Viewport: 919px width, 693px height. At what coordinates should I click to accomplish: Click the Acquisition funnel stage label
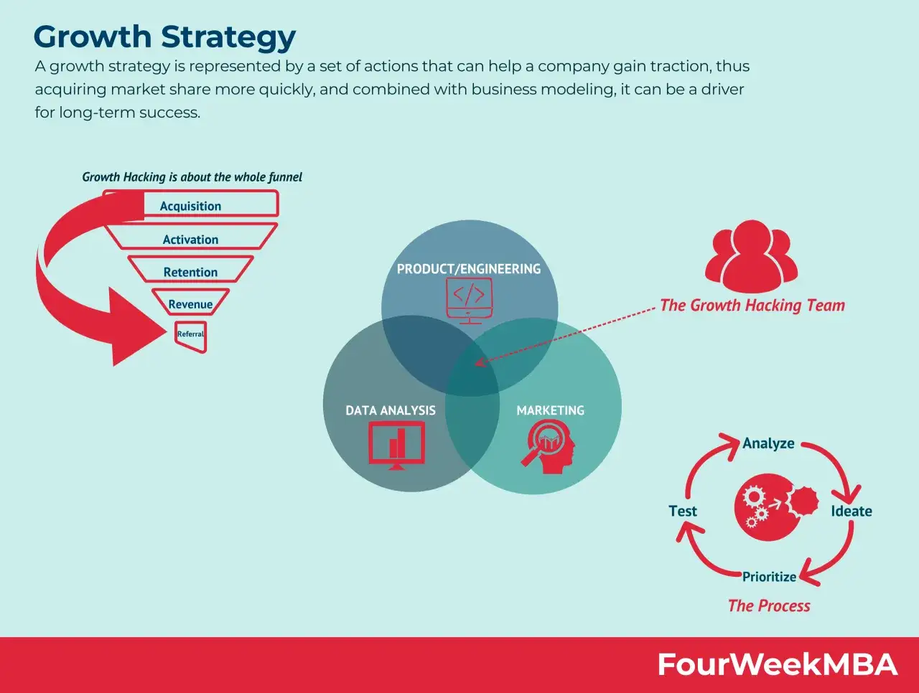pos(190,206)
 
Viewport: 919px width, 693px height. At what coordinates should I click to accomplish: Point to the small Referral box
pos(191,336)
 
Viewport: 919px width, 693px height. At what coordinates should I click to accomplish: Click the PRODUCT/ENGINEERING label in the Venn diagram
pos(469,269)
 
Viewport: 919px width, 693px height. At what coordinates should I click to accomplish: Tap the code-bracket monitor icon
pos(469,301)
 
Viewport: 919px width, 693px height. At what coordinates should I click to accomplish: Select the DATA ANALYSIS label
pos(390,410)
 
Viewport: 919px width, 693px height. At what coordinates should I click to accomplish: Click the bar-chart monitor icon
pos(397,445)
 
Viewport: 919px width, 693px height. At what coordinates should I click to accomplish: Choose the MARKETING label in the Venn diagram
pos(550,410)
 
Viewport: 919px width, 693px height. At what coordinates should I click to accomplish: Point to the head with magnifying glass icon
pos(548,447)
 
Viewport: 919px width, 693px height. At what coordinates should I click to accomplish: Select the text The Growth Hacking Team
pos(752,306)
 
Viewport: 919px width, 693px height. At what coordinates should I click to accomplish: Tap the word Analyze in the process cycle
pos(768,443)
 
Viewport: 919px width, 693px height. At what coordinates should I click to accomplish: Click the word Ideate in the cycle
pos(852,511)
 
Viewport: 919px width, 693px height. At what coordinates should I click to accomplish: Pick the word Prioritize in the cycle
pos(769,577)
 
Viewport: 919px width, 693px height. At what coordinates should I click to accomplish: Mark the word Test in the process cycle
pos(683,511)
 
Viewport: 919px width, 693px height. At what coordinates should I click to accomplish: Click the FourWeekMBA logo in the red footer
pos(778,664)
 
